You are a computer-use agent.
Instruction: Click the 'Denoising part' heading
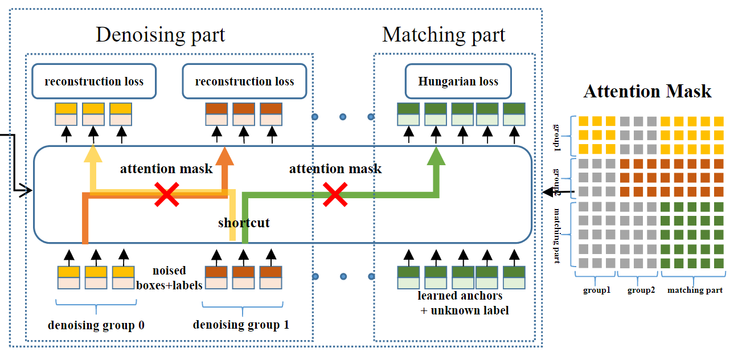(x=160, y=35)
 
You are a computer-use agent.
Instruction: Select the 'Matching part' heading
(x=444, y=35)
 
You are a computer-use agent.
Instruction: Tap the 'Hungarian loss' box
(x=458, y=81)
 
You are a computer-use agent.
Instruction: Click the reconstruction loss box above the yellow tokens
(x=94, y=81)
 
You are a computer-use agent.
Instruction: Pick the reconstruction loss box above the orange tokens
(x=244, y=81)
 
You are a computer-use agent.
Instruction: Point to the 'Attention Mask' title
(x=647, y=91)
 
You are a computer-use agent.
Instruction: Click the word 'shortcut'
(x=244, y=222)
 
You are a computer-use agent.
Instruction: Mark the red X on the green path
(x=335, y=194)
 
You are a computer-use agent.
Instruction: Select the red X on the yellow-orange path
(x=167, y=194)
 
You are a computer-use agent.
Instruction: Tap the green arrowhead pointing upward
(x=436, y=156)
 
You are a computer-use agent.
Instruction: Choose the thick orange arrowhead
(x=225, y=156)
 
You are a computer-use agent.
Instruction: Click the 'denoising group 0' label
(x=96, y=326)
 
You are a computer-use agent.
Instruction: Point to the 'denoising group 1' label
(x=241, y=325)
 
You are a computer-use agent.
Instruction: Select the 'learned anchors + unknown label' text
(x=460, y=303)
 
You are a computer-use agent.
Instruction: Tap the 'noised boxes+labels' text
(x=170, y=278)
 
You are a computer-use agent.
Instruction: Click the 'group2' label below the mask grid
(x=641, y=290)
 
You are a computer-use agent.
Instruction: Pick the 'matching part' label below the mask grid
(x=695, y=290)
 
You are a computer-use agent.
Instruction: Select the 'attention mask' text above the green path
(x=335, y=169)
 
